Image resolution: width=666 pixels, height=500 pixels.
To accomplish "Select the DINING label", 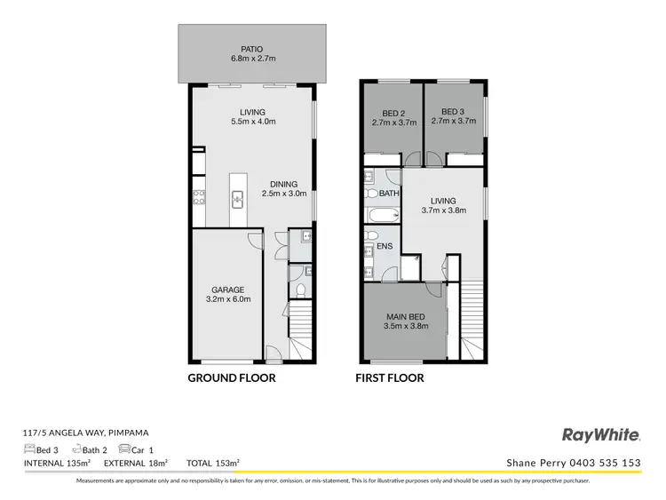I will click(283, 189).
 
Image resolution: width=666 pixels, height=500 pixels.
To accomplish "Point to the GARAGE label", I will click(227, 295).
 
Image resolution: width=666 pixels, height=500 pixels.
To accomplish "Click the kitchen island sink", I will click(238, 200).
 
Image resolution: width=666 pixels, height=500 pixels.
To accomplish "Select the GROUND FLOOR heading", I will click(231, 377).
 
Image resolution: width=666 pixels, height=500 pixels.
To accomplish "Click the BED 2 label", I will click(392, 117).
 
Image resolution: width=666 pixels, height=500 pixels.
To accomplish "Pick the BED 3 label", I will click(453, 117).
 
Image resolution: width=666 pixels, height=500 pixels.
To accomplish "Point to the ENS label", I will click(385, 246).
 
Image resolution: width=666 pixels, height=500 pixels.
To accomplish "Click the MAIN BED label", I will click(407, 321).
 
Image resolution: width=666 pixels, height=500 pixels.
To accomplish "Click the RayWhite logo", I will click(601, 434).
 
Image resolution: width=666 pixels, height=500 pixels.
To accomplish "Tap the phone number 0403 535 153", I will click(608, 463).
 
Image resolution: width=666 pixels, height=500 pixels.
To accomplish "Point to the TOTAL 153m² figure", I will click(213, 463).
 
